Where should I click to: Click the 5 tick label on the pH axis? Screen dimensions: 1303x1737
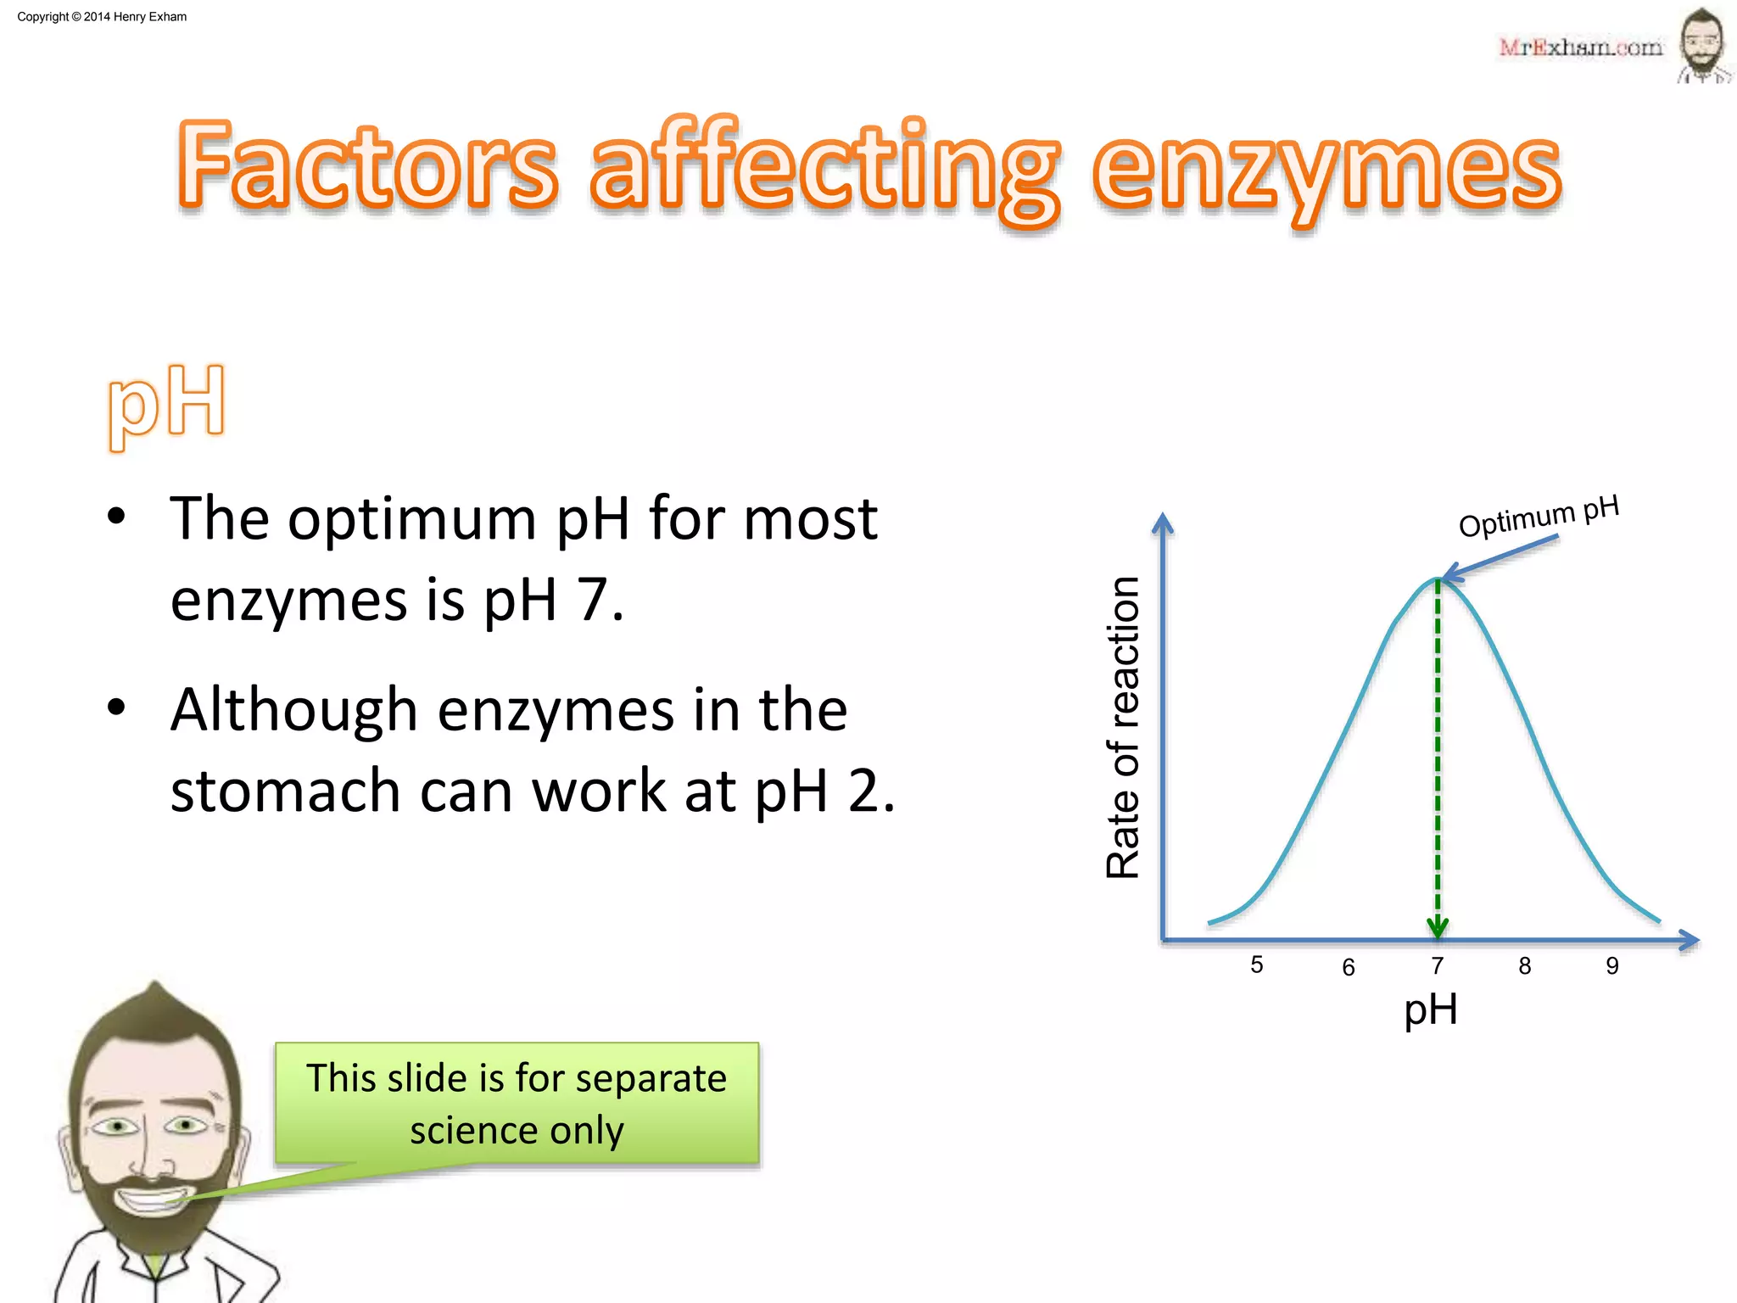1257,965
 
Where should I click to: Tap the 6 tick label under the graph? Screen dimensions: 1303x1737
1349,967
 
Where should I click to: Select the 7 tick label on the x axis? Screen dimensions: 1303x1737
1438,965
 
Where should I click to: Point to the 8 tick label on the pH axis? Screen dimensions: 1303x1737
1525,965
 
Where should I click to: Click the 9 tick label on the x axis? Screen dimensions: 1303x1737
1612,965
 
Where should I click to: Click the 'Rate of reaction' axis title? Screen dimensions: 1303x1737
1123,727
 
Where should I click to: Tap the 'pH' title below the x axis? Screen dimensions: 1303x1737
1431,1010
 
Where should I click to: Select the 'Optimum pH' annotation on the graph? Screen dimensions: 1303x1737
1539,516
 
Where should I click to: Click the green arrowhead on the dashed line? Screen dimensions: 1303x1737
1438,927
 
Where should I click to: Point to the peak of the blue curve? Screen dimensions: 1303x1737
1438,579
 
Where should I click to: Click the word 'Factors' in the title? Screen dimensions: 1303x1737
368,166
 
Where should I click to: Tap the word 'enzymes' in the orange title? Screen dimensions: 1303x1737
1326,170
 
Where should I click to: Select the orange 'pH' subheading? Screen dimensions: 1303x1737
167,404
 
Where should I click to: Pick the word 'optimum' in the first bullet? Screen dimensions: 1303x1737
411,518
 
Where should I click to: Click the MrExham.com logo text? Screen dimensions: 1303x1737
1580,48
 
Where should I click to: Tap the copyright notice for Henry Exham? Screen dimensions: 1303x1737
102,17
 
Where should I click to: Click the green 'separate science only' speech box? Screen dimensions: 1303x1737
517,1103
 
